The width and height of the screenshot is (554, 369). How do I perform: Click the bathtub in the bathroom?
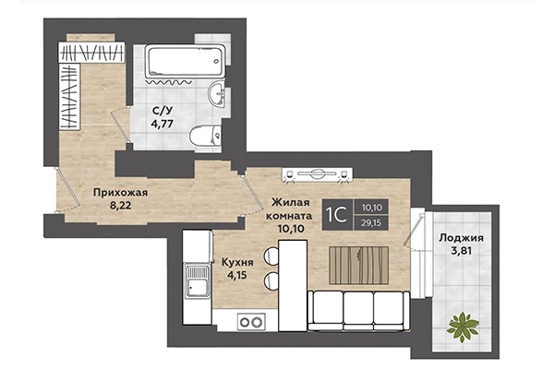[185, 61]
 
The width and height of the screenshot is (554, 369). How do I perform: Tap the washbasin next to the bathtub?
[217, 94]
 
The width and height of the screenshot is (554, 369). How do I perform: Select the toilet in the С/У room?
[205, 136]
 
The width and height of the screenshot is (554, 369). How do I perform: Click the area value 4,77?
[162, 124]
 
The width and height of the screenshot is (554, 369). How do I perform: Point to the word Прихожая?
[120, 193]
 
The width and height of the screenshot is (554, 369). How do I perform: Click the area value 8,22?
[120, 206]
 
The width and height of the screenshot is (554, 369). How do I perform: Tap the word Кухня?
[237, 262]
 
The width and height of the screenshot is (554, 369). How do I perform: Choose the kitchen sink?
[198, 282]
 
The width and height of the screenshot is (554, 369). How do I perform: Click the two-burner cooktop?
[252, 322]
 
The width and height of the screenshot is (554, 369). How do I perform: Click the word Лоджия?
[461, 238]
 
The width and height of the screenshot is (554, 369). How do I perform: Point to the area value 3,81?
[461, 251]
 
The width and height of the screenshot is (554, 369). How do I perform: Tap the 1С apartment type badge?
[337, 215]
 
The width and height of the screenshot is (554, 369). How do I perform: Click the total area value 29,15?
[371, 223]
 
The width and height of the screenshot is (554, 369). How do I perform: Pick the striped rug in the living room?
[358, 265]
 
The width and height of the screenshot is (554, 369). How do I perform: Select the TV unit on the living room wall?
[318, 174]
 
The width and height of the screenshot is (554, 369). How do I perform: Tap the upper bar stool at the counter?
[271, 256]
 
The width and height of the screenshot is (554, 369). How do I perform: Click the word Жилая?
[285, 203]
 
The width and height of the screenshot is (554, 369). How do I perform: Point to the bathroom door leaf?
[119, 126]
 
